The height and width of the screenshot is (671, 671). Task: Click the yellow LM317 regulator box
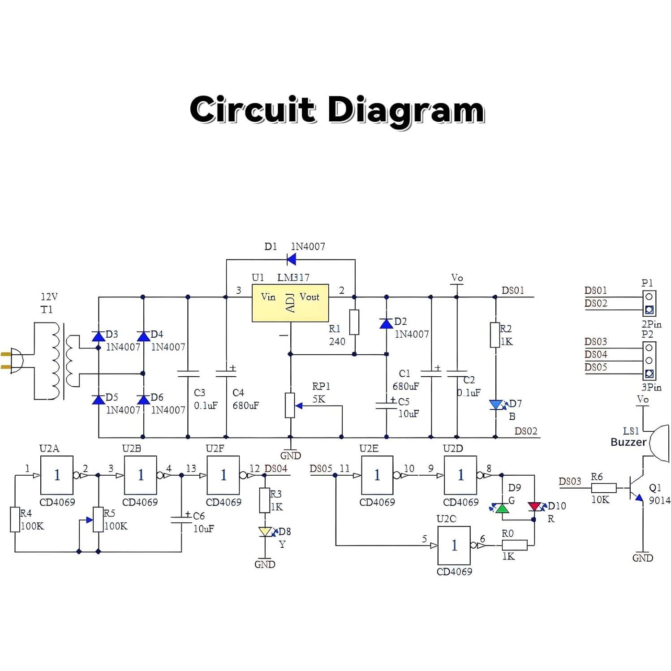click(290, 303)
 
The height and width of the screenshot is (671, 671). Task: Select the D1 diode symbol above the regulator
click(292, 259)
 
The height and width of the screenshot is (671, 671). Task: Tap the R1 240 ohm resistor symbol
click(354, 322)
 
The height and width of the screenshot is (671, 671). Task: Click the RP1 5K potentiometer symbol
click(290, 405)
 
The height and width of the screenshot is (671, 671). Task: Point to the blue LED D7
click(496, 405)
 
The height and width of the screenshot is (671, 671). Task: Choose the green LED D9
click(502, 508)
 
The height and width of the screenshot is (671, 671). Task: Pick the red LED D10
click(534, 507)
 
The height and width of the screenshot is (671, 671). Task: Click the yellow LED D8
click(265, 532)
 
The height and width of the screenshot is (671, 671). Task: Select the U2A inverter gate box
click(57, 475)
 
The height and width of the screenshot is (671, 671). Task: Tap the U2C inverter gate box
click(454, 545)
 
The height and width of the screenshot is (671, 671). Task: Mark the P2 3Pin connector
click(649, 361)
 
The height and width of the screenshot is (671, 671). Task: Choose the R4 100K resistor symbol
click(15, 520)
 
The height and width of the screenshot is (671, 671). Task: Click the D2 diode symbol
click(386, 323)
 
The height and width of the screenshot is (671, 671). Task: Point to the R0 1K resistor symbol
click(514, 545)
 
